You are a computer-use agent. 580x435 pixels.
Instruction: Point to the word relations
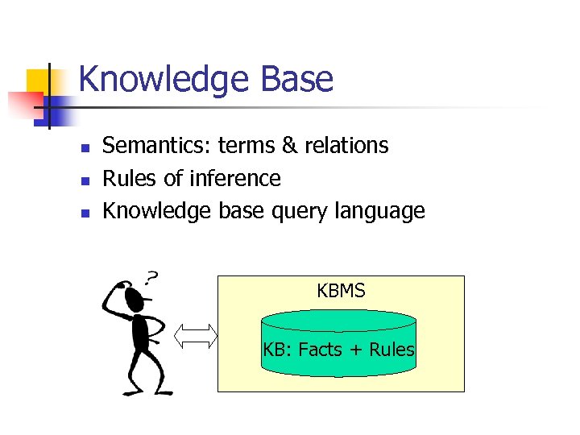point(346,146)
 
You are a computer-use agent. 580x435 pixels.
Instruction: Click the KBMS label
point(341,291)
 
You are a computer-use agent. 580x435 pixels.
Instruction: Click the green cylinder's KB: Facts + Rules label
point(338,350)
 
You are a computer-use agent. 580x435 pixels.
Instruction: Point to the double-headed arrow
point(197,335)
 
